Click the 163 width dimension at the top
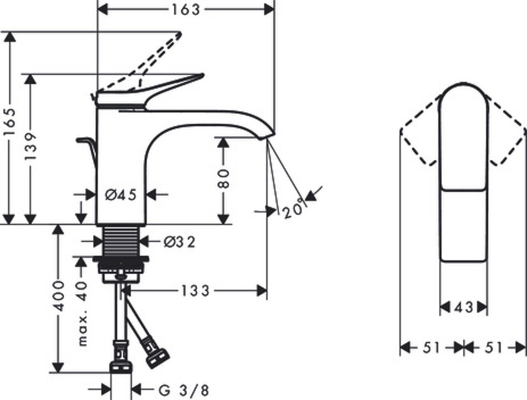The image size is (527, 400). tap(186, 10)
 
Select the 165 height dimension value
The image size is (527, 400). tap(10, 122)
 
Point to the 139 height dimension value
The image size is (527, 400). tap(31, 147)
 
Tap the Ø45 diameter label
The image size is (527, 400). tap(121, 194)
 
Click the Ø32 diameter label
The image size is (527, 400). tap(180, 242)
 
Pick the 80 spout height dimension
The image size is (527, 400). tap(223, 178)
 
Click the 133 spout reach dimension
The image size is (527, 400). tap(195, 291)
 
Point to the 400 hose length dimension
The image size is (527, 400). tap(58, 296)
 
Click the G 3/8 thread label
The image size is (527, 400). tap(184, 391)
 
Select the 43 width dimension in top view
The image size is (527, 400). tap(464, 307)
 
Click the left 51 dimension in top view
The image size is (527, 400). tap(431, 348)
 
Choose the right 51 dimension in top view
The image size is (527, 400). tap(494, 348)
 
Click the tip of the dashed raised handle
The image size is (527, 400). tap(180, 34)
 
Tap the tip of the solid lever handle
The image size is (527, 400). tap(203, 75)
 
